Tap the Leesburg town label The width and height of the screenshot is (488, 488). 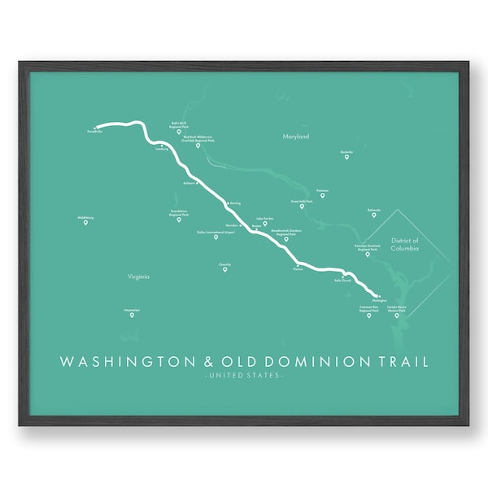160,149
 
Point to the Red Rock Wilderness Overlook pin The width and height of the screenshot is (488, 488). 198,146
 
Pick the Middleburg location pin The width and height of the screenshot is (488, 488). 85,222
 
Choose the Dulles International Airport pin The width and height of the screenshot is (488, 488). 216,237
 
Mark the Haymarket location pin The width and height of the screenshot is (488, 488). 131,315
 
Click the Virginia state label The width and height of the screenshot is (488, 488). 138,277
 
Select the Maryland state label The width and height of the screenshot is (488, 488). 296,137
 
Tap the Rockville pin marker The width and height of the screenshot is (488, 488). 346,157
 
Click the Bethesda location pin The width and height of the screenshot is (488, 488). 373,215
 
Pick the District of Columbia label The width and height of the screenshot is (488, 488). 403,244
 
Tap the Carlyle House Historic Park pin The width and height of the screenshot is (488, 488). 397,316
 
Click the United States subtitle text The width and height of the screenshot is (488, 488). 243,376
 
